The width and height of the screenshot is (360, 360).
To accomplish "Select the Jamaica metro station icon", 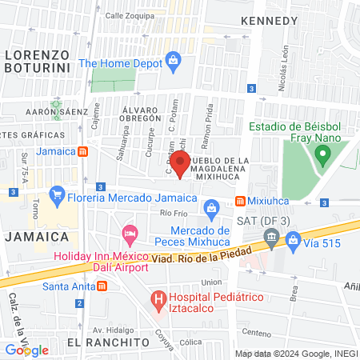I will (84, 151).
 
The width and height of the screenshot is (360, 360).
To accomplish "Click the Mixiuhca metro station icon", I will (239, 200).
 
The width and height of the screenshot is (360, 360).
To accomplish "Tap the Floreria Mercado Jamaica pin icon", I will (57, 194).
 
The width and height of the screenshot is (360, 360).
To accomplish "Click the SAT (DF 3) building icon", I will (271, 236).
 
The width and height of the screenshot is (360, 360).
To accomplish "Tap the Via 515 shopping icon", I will (294, 238).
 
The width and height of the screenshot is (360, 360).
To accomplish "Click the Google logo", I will (26, 350).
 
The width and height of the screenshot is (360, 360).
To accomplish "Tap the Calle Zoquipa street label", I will (129, 15).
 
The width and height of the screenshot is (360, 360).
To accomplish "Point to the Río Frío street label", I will (173, 213).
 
